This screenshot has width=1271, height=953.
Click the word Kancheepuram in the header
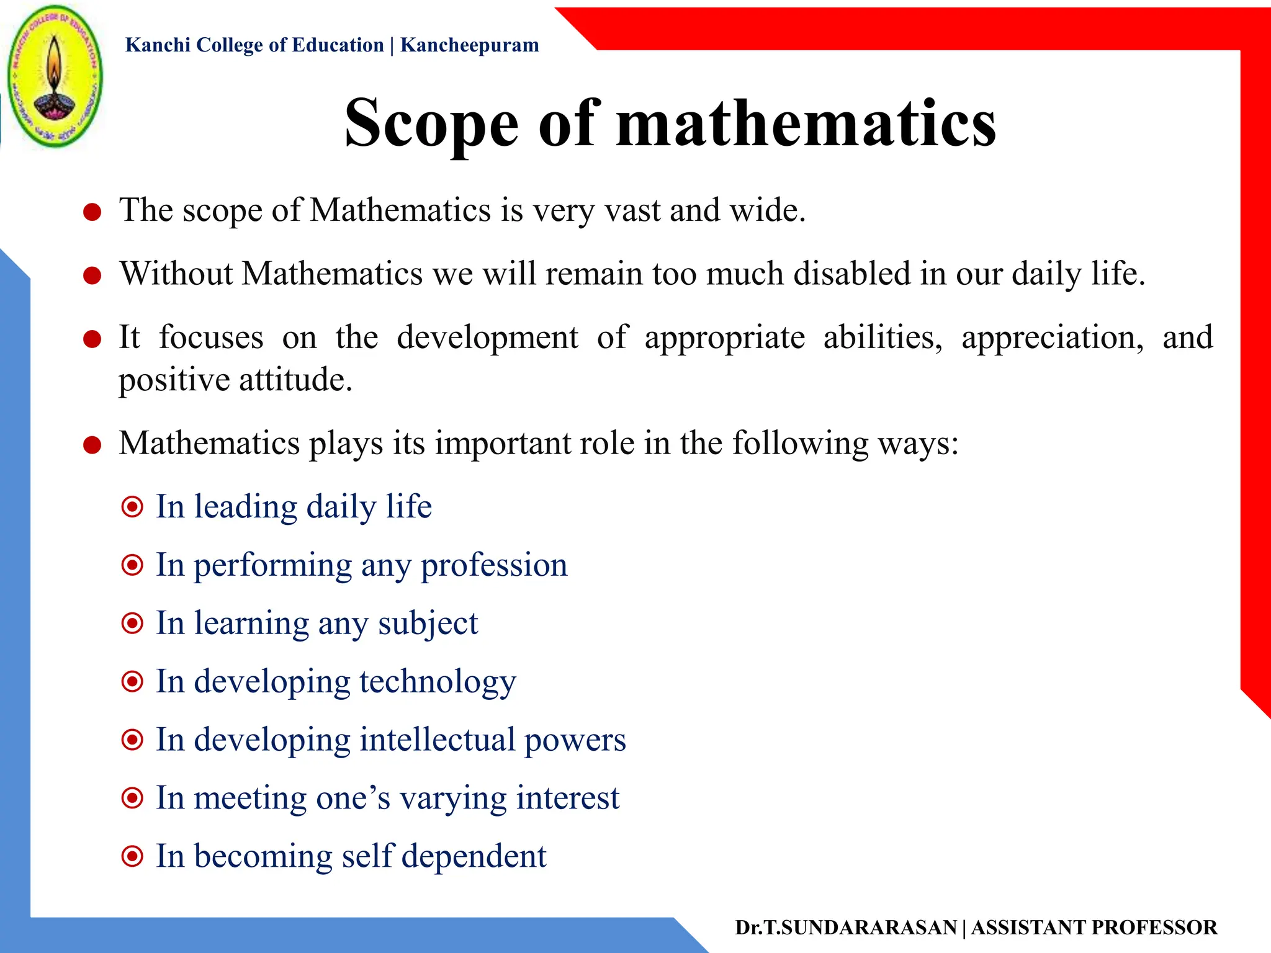click(x=469, y=45)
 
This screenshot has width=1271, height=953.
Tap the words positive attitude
click(x=235, y=380)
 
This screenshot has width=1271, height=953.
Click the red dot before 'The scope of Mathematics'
click(x=92, y=212)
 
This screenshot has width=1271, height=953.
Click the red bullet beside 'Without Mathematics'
click(x=92, y=275)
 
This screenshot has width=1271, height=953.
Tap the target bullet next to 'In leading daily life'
click(x=132, y=508)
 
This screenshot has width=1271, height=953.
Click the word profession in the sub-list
click(x=494, y=565)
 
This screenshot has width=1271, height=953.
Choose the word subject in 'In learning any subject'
click(x=428, y=624)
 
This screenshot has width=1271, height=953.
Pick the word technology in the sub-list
click(x=437, y=682)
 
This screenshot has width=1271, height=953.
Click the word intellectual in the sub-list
click(x=437, y=740)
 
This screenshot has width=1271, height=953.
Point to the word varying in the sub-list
click(x=452, y=799)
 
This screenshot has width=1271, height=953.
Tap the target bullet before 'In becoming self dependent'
click(x=132, y=857)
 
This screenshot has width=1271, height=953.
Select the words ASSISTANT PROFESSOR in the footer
click(x=1094, y=928)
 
